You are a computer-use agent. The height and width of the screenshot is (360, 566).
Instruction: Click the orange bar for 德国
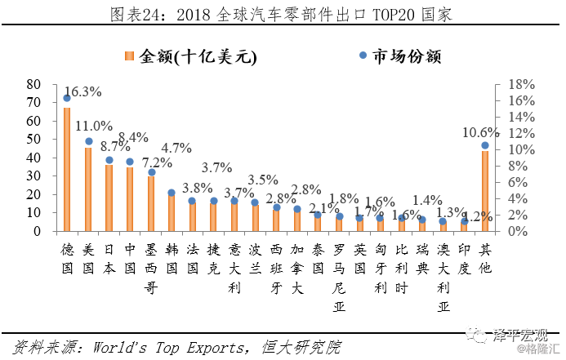pos(67,169)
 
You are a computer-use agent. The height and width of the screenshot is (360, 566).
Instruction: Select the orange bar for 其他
pos(485,191)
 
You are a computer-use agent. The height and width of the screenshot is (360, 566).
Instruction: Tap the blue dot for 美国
pos(88,141)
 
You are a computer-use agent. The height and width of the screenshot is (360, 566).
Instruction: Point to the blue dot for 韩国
pos(172,193)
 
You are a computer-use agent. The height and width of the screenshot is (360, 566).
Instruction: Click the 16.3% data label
pos(82,92)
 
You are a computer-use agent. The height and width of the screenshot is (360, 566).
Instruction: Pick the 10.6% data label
pos(480,133)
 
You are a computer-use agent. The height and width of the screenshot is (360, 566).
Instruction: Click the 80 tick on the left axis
pos(33,84)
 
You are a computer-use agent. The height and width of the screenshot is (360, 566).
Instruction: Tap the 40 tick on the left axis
pos(33,158)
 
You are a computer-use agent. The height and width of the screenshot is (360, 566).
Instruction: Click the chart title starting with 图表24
pos(282,15)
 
